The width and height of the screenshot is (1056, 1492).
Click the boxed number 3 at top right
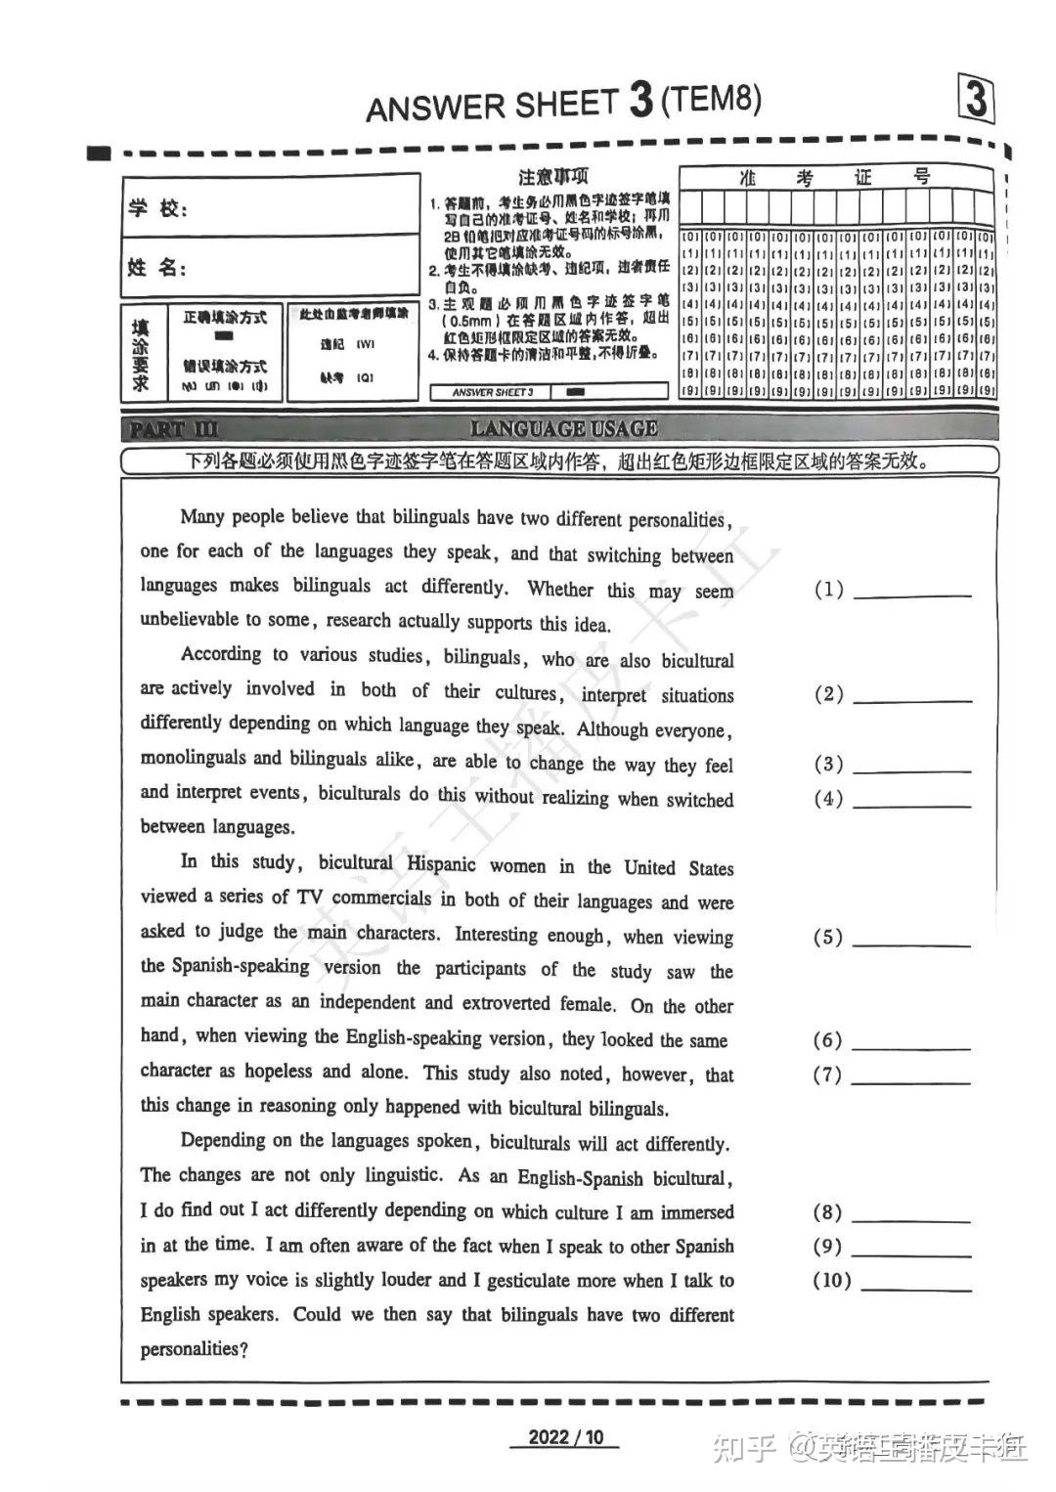[975, 101]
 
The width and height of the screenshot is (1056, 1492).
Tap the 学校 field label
[156, 207]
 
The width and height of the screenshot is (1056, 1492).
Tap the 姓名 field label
[156, 267]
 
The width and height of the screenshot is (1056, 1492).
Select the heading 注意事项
[552, 177]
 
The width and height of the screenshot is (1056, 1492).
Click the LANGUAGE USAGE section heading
[564, 428]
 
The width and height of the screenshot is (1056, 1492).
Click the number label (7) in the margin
[827, 1075]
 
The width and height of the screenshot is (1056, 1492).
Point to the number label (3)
[828, 764]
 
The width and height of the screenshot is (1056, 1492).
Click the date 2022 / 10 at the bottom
[566, 1437]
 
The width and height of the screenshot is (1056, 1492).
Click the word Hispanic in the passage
[441, 864]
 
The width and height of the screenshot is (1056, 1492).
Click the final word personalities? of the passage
[194, 1349]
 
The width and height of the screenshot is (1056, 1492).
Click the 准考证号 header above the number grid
[836, 177]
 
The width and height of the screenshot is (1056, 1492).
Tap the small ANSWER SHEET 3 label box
[494, 392]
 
